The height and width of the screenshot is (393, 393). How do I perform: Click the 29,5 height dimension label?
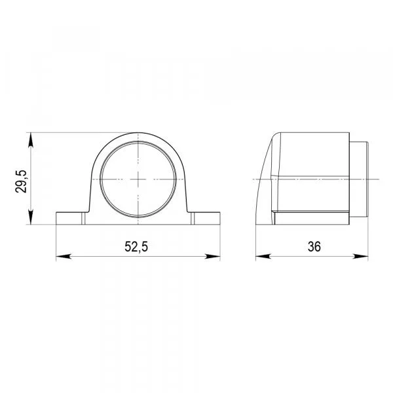[x=21, y=181]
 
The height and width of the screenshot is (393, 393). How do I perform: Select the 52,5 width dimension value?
[x=136, y=247]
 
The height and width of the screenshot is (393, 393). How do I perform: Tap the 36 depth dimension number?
[x=314, y=247]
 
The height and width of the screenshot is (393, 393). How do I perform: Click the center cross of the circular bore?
[x=138, y=179]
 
